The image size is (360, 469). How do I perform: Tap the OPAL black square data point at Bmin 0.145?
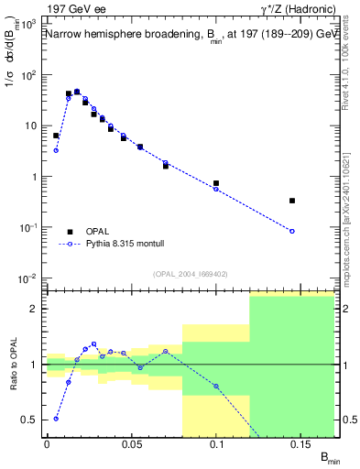pos(292,200)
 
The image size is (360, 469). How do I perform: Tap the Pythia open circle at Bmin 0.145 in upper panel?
pos(292,231)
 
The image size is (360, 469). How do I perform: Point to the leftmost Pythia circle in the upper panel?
pos(56,150)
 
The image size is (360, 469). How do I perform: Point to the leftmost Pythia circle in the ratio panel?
pos(56,419)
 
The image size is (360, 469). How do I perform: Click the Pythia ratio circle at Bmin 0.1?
pos(216,386)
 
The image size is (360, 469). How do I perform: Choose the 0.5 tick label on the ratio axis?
pos(30,420)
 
